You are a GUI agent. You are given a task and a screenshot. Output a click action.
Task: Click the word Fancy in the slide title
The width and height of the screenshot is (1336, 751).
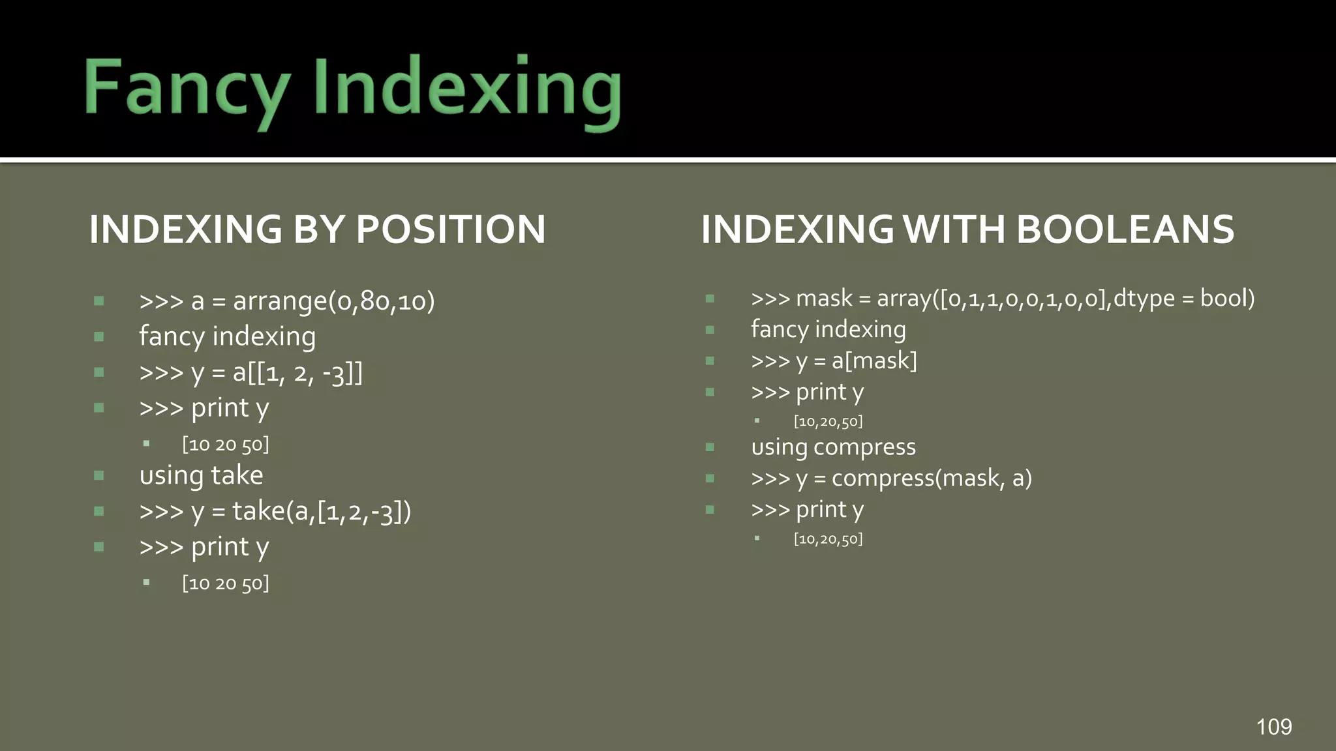coord(187,88)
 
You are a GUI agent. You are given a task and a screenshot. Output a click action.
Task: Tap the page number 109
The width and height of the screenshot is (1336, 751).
coord(1273,726)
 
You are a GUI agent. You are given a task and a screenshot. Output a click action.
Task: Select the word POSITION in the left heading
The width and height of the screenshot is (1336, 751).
coord(450,229)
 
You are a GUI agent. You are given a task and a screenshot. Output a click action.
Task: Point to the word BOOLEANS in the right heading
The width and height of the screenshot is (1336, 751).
coord(1125,229)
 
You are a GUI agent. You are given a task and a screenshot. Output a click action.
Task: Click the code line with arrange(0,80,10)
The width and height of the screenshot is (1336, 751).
coord(287,301)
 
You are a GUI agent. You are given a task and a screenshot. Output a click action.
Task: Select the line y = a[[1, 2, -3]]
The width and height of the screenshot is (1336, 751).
coord(251,372)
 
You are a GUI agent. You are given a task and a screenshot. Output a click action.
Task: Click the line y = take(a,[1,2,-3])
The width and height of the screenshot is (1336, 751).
coord(275,511)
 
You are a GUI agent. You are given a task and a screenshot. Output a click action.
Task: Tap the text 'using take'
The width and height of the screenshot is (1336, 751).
coord(201,475)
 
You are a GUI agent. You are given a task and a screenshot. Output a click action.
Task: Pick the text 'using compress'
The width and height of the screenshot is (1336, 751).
coord(833,447)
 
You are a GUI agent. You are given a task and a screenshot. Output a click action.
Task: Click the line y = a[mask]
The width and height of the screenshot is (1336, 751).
coord(834,361)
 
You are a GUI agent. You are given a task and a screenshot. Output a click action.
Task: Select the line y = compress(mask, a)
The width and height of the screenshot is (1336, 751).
coord(891,479)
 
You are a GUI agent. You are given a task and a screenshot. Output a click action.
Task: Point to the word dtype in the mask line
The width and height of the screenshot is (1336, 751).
coord(1144,298)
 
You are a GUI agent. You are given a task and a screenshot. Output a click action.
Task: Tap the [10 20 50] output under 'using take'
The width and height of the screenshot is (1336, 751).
coord(225,583)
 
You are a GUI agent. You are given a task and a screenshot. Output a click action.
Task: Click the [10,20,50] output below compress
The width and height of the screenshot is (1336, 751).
coord(828,539)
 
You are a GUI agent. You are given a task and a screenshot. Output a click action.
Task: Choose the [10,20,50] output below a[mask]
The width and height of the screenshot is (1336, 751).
coord(828,422)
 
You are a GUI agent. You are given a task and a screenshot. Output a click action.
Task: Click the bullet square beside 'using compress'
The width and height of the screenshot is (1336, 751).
coord(710,447)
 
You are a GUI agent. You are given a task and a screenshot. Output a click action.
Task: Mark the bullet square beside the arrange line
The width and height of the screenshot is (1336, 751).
coord(99,301)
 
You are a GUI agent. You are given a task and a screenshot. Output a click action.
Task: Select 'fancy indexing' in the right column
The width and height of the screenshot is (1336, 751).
coord(828,329)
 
